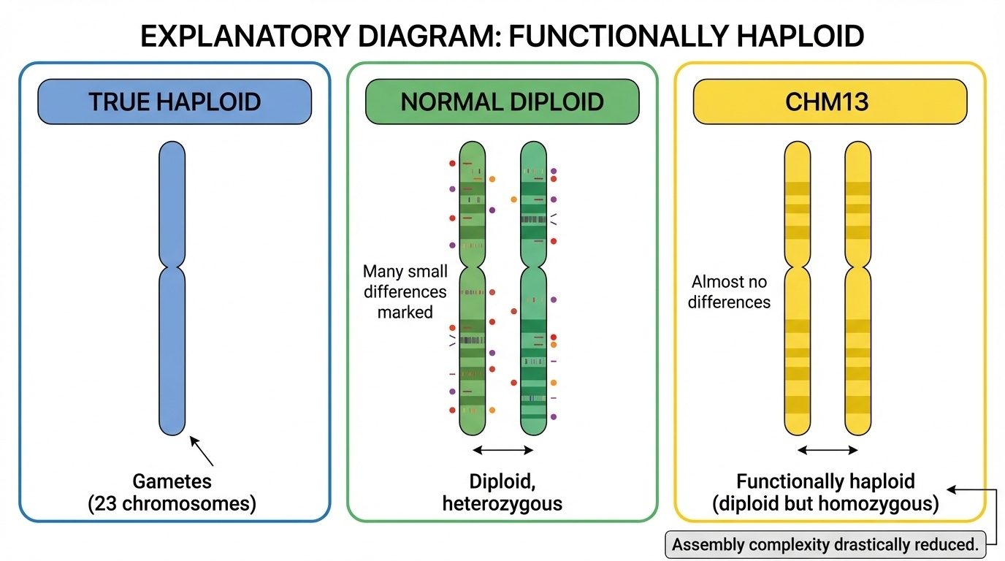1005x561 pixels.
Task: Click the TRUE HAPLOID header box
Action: tap(175, 102)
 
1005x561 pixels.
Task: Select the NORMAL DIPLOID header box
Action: tap(502, 102)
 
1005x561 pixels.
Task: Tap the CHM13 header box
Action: tap(829, 102)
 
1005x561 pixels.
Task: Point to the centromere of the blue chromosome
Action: tap(172, 264)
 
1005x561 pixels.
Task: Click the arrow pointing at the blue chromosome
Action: tap(202, 451)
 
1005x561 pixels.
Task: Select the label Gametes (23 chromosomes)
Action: tap(172, 493)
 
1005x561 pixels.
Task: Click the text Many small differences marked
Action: tap(405, 291)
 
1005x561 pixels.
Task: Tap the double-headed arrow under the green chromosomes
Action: tap(503, 450)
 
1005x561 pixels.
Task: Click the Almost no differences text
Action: tap(729, 291)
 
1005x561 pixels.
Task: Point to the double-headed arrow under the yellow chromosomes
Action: tap(828, 450)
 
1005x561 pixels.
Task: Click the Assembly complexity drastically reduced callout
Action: tap(825, 545)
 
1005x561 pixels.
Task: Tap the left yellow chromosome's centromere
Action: tap(798, 264)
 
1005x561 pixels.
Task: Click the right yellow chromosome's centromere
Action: tap(858, 264)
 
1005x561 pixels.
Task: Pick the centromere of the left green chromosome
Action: tap(472, 264)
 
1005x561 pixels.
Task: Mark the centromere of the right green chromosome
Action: tap(533, 264)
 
